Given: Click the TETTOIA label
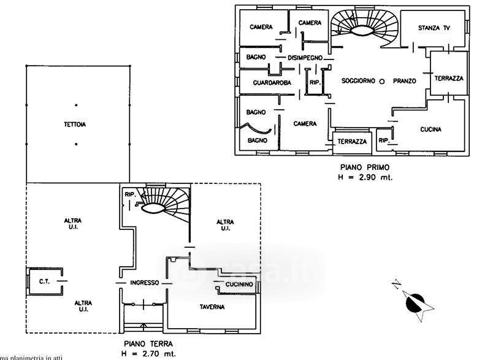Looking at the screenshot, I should click(x=75, y=124).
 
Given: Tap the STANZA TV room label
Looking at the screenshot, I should click(x=434, y=28).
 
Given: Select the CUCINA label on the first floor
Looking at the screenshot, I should click(x=431, y=129).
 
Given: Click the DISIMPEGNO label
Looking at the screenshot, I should click(x=305, y=57).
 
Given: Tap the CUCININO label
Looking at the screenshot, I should click(x=239, y=285).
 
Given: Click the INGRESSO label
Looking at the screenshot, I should click(x=145, y=283).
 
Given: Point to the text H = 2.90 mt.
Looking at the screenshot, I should click(x=365, y=177).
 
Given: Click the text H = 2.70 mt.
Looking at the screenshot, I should click(x=147, y=354).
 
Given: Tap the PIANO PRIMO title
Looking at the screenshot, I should click(x=365, y=167).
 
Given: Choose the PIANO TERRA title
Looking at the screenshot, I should click(x=148, y=344).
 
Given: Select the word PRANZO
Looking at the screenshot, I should click(x=405, y=81).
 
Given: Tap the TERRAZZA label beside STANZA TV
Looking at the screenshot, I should click(x=448, y=79).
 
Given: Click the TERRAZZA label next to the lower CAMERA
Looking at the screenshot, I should click(x=351, y=142).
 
